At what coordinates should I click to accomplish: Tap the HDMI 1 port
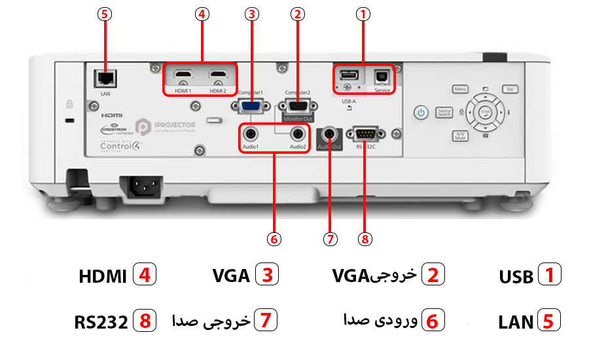[183, 76]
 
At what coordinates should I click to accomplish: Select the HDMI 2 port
[219, 76]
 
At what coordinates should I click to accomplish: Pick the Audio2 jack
[298, 134]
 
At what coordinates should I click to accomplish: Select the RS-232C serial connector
[365, 134]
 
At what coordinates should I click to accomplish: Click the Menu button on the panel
[460, 88]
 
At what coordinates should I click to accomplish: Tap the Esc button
[510, 88]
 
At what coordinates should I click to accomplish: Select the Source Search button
[444, 113]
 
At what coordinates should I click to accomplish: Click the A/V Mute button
[460, 135]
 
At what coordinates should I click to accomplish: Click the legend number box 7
[265, 321]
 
